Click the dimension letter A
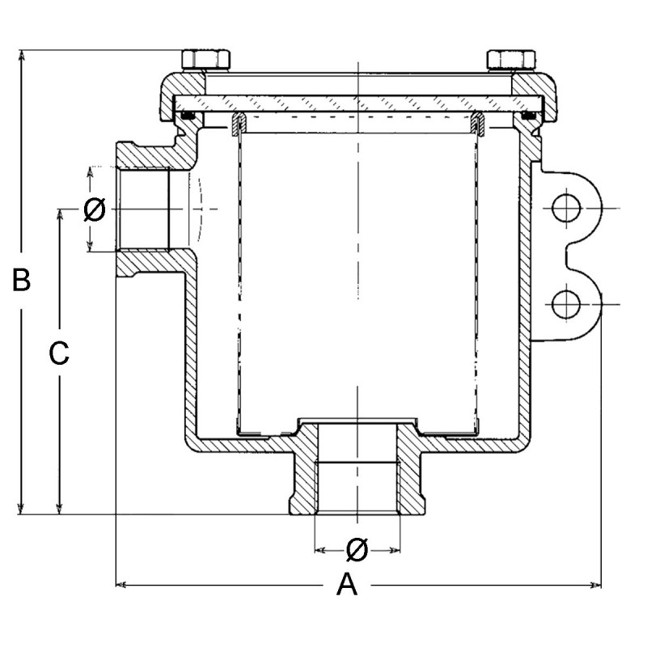[x=346, y=584]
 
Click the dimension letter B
[x=22, y=281]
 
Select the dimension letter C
[x=59, y=354]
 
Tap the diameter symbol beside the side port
[x=94, y=210]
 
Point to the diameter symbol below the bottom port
[x=356, y=550]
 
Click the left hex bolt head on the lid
[x=206, y=59]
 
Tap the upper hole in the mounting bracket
[x=567, y=209]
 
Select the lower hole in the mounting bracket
[x=567, y=304]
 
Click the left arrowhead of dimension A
[x=122, y=583]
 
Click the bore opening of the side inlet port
[x=144, y=209]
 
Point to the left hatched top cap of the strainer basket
[x=238, y=123]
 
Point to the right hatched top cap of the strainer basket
[x=477, y=123]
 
